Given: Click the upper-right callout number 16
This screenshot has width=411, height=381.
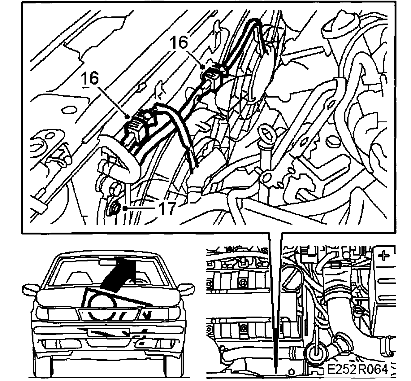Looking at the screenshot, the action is click(179, 42).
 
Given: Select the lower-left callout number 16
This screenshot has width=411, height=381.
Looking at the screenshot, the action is click(90, 78).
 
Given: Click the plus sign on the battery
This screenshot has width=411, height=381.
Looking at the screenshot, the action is click(384, 256).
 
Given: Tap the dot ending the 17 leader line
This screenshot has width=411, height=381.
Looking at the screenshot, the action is click(125, 208).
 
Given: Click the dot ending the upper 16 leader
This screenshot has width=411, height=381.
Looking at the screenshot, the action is click(203, 67).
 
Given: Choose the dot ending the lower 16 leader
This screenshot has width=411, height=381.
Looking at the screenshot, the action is click(128, 117).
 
